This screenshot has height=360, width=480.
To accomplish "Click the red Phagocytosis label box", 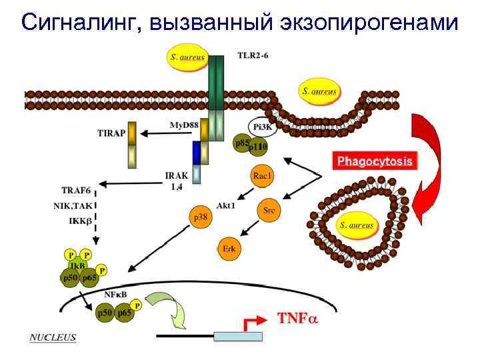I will click(375, 161).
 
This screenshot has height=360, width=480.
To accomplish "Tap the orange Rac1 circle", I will click(262, 177).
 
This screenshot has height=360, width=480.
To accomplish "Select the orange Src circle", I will click(269, 210).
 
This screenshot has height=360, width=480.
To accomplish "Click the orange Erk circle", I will click(229, 249).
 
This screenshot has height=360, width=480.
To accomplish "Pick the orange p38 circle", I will click(199, 217).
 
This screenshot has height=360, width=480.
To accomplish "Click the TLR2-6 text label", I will click(253, 55).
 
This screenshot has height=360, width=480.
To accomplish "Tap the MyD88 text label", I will click(184, 125).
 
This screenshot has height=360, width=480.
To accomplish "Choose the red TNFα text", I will click(298, 318).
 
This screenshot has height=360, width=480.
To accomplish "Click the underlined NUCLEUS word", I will click(53, 337).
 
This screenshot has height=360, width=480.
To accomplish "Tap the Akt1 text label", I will click(225, 205).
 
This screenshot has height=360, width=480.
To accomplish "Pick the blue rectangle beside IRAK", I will click(197, 152).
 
